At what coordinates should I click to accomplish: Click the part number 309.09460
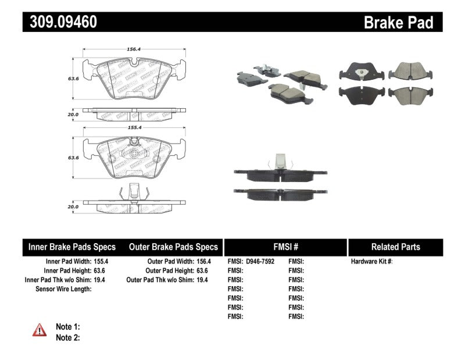coord(60,22)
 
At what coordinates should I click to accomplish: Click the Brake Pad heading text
coord(398,23)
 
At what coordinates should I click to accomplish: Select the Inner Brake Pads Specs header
coord(72,247)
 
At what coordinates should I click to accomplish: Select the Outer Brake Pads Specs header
coord(173,247)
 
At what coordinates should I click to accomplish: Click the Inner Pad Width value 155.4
coord(102,262)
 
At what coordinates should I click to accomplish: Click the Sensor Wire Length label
coord(63,288)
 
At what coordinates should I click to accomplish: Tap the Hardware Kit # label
coord(371,262)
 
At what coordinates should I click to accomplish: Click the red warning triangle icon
coord(40,330)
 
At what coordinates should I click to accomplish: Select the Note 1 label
coord(67,327)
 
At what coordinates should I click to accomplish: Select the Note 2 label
coord(67,337)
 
